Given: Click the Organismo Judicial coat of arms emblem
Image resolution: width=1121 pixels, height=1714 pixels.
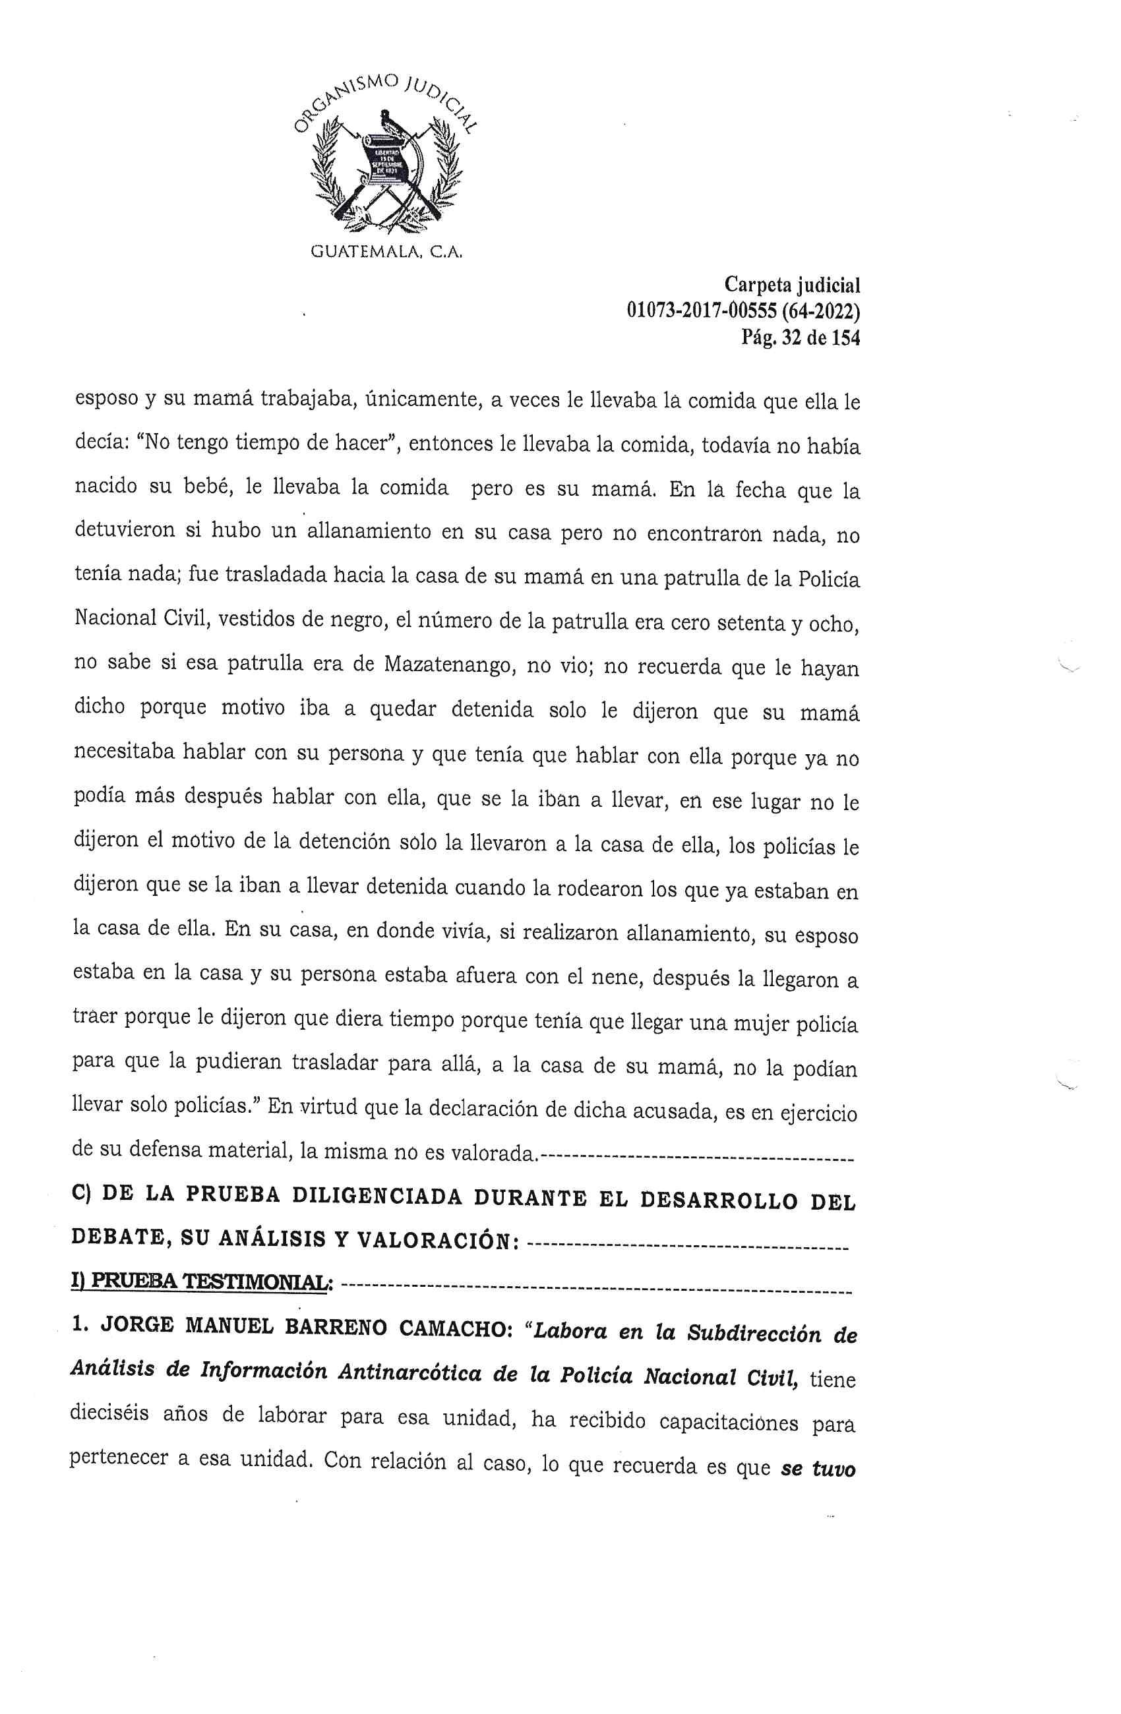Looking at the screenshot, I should point(386,161).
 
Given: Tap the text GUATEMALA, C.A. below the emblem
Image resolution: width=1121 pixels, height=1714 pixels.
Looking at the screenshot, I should point(386,252).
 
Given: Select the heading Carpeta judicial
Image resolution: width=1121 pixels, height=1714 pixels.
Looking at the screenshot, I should point(792,286).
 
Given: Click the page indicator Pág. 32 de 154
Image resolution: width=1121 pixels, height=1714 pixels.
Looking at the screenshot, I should point(801,338).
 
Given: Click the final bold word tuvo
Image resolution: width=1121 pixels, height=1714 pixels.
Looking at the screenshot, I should point(833,1468).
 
